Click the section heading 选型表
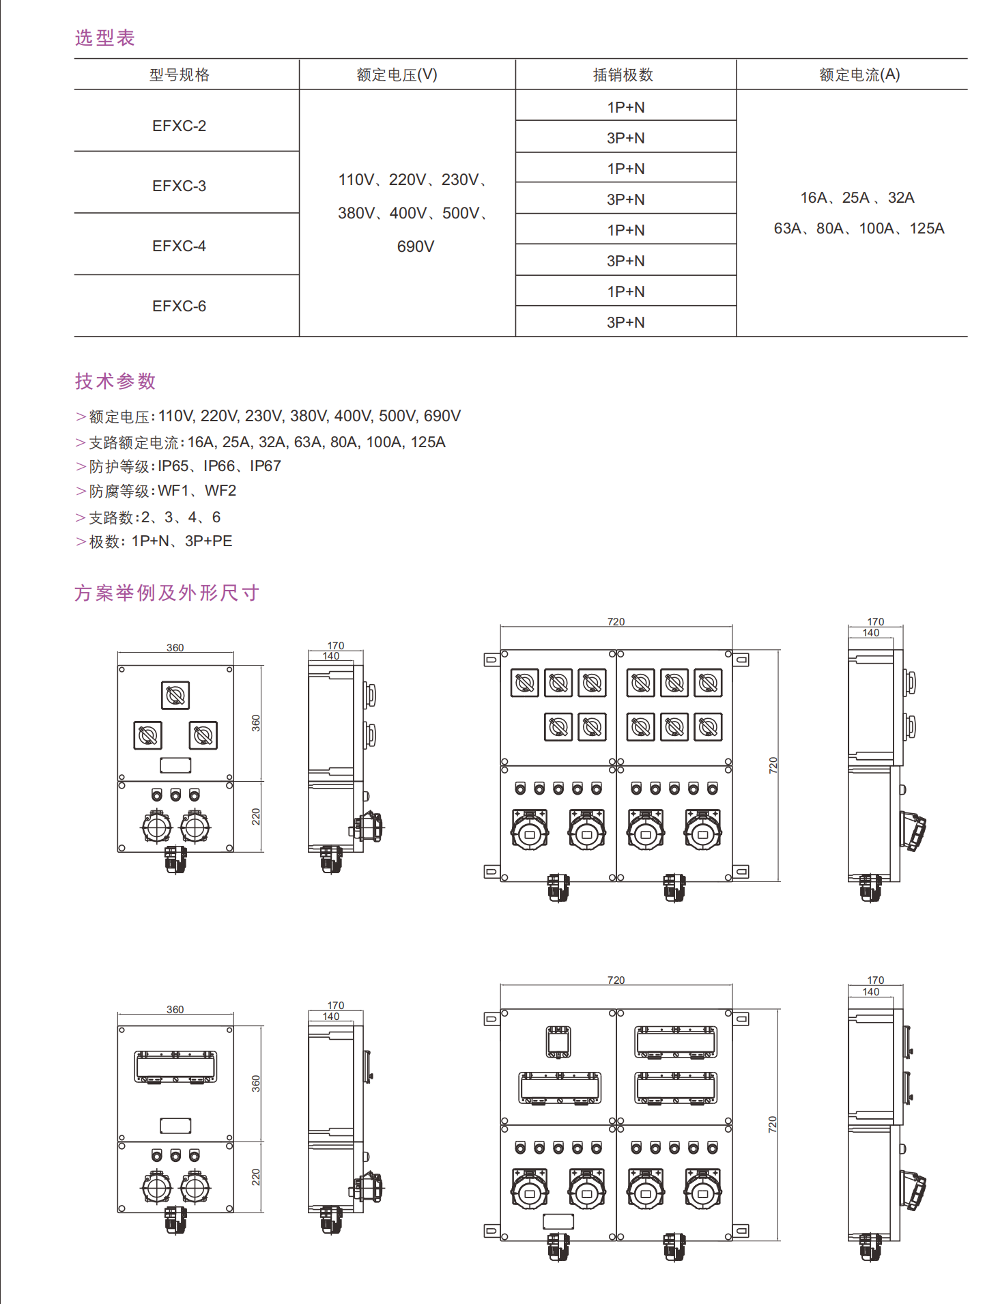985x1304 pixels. click(x=104, y=38)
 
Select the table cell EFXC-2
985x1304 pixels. click(x=179, y=126)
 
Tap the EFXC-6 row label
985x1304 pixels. click(x=179, y=306)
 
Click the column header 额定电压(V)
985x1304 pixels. click(x=397, y=74)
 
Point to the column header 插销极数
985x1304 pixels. click(x=623, y=74)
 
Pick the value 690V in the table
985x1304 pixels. click(x=415, y=246)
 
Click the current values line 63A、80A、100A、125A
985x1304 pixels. click(x=859, y=229)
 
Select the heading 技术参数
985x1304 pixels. click(x=115, y=381)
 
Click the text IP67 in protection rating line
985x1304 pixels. click(x=265, y=466)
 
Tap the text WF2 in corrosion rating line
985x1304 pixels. click(x=220, y=491)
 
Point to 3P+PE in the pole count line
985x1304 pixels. click(x=208, y=541)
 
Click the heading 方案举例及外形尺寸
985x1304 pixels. click(x=167, y=593)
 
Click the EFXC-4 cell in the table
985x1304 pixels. click(x=179, y=246)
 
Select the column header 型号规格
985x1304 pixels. click(x=179, y=74)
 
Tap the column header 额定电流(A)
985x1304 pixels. click(x=859, y=74)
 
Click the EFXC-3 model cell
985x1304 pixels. click(x=179, y=186)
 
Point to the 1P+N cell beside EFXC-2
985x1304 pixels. click(x=625, y=107)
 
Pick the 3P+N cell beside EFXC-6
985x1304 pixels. click(x=625, y=322)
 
